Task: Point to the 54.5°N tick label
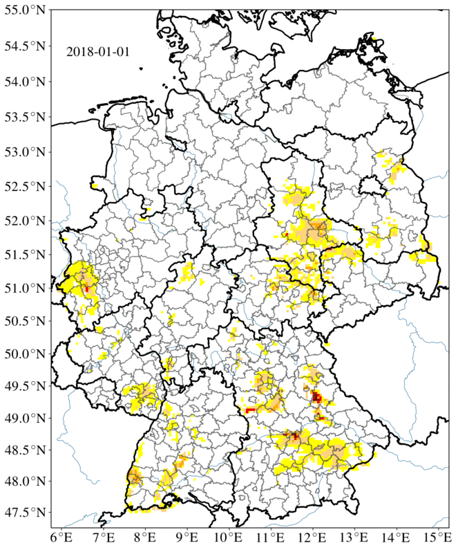(x=25, y=47)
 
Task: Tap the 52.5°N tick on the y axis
(x=25, y=186)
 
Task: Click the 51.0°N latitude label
(x=25, y=288)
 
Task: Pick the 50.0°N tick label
(x=25, y=354)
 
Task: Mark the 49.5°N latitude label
(x=25, y=385)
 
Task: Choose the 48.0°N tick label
(x=25, y=482)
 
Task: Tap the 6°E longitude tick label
(x=61, y=538)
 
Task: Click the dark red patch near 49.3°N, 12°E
(x=317, y=397)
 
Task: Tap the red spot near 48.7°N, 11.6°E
(x=294, y=436)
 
